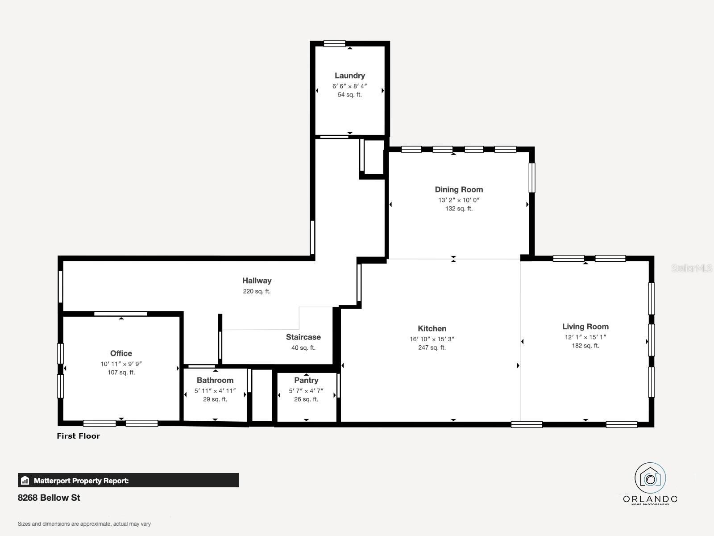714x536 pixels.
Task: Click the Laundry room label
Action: pyautogui.click(x=350, y=76)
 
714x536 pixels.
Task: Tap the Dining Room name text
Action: pyautogui.click(x=459, y=189)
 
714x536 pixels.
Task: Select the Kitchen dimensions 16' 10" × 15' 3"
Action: pyautogui.click(x=432, y=339)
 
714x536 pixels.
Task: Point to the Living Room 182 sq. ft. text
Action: pyautogui.click(x=585, y=346)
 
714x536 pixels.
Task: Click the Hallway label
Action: pyautogui.click(x=257, y=281)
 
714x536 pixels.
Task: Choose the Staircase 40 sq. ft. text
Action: pyautogui.click(x=303, y=348)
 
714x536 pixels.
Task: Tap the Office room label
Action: pyautogui.click(x=121, y=353)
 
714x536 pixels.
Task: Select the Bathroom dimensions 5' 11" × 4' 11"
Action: pyautogui.click(x=215, y=391)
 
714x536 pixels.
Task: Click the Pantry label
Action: pyautogui.click(x=306, y=380)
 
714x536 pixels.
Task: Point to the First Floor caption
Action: pyautogui.click(x=79, y=436)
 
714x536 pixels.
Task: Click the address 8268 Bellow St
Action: pyautogui.click(x=49, y=498)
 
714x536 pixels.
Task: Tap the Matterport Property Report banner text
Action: pyautogui.click(x=81, y=481)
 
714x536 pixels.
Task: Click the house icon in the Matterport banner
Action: pyautogui.click(x=25, y=480)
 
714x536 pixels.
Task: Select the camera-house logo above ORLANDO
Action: pyautogui.click(x=650, y=478)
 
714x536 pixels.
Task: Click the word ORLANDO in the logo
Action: pyautogui.click(x=650, y=499)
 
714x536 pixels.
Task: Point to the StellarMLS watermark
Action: pyautogui.click(x=692, y=268)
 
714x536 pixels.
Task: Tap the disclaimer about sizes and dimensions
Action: pyautogui.click(x=84, y=524)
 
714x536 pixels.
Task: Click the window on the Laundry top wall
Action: pyautogui.click(x=334, y=44)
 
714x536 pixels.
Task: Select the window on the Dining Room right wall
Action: pyautogui.click(x=532, y=178)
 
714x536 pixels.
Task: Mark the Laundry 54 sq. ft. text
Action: pyautogui.click(x=350, y=95)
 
